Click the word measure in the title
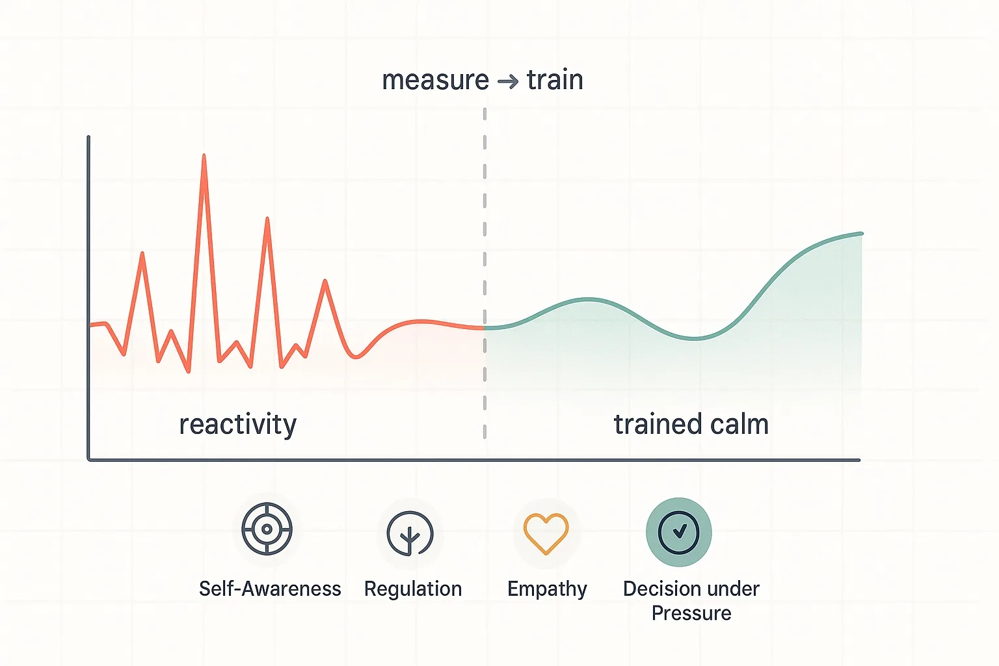coord(435,81)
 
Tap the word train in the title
coord(555,81)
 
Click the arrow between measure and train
coord(508,81)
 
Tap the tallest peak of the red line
coord(204,156)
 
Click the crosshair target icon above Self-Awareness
coord(267,529)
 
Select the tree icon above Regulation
coord(410,533)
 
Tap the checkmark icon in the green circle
coord(679,532)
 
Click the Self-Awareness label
coord(270,589)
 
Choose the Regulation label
coord(413,589)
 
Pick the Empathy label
coord(547,589)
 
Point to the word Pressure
coord(691,613)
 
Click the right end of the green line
coord(861,233)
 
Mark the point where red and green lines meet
coord(485,328)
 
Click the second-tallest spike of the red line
coord(267,219)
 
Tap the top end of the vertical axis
coord(88,138)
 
